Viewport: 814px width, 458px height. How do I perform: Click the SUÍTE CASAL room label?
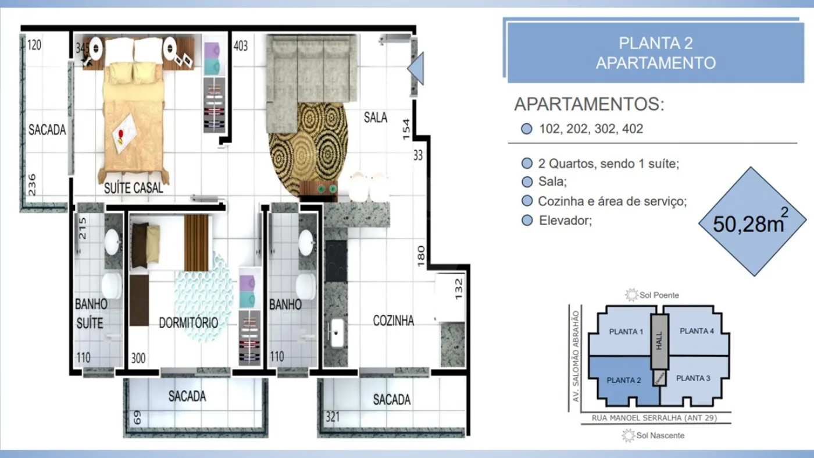click(x=133, y=188)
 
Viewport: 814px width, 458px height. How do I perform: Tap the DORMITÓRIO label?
click(x=188, y=322)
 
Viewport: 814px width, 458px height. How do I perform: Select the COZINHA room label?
click(x=393, y=321)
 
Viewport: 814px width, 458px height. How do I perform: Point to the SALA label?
click(x=376, y=118)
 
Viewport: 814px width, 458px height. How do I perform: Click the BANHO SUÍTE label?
click(x=91, y=314)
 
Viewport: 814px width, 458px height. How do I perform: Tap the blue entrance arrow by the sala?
click(x=416, y=69)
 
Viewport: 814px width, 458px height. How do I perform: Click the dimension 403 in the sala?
click(x=241, y=46)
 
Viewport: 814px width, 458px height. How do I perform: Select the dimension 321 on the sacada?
click(x=333, y=417)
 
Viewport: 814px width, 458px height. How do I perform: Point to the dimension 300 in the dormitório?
click(x=138, y=358)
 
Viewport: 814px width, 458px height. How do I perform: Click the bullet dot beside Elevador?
click(x=527, y=221)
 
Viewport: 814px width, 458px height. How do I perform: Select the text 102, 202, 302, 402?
click(x=591, y=129)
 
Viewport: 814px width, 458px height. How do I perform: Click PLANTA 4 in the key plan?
click(x=697, y=331)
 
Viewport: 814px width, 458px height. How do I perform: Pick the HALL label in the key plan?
click(x=659, y=341)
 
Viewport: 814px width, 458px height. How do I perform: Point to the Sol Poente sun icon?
click(x=631, y=295)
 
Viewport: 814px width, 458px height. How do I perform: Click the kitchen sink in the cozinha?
click(x=336, y=333)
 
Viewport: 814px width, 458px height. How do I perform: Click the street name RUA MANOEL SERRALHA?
click(x=637, y=418)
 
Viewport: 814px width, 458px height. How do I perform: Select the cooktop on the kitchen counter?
click(x=336, y=261)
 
